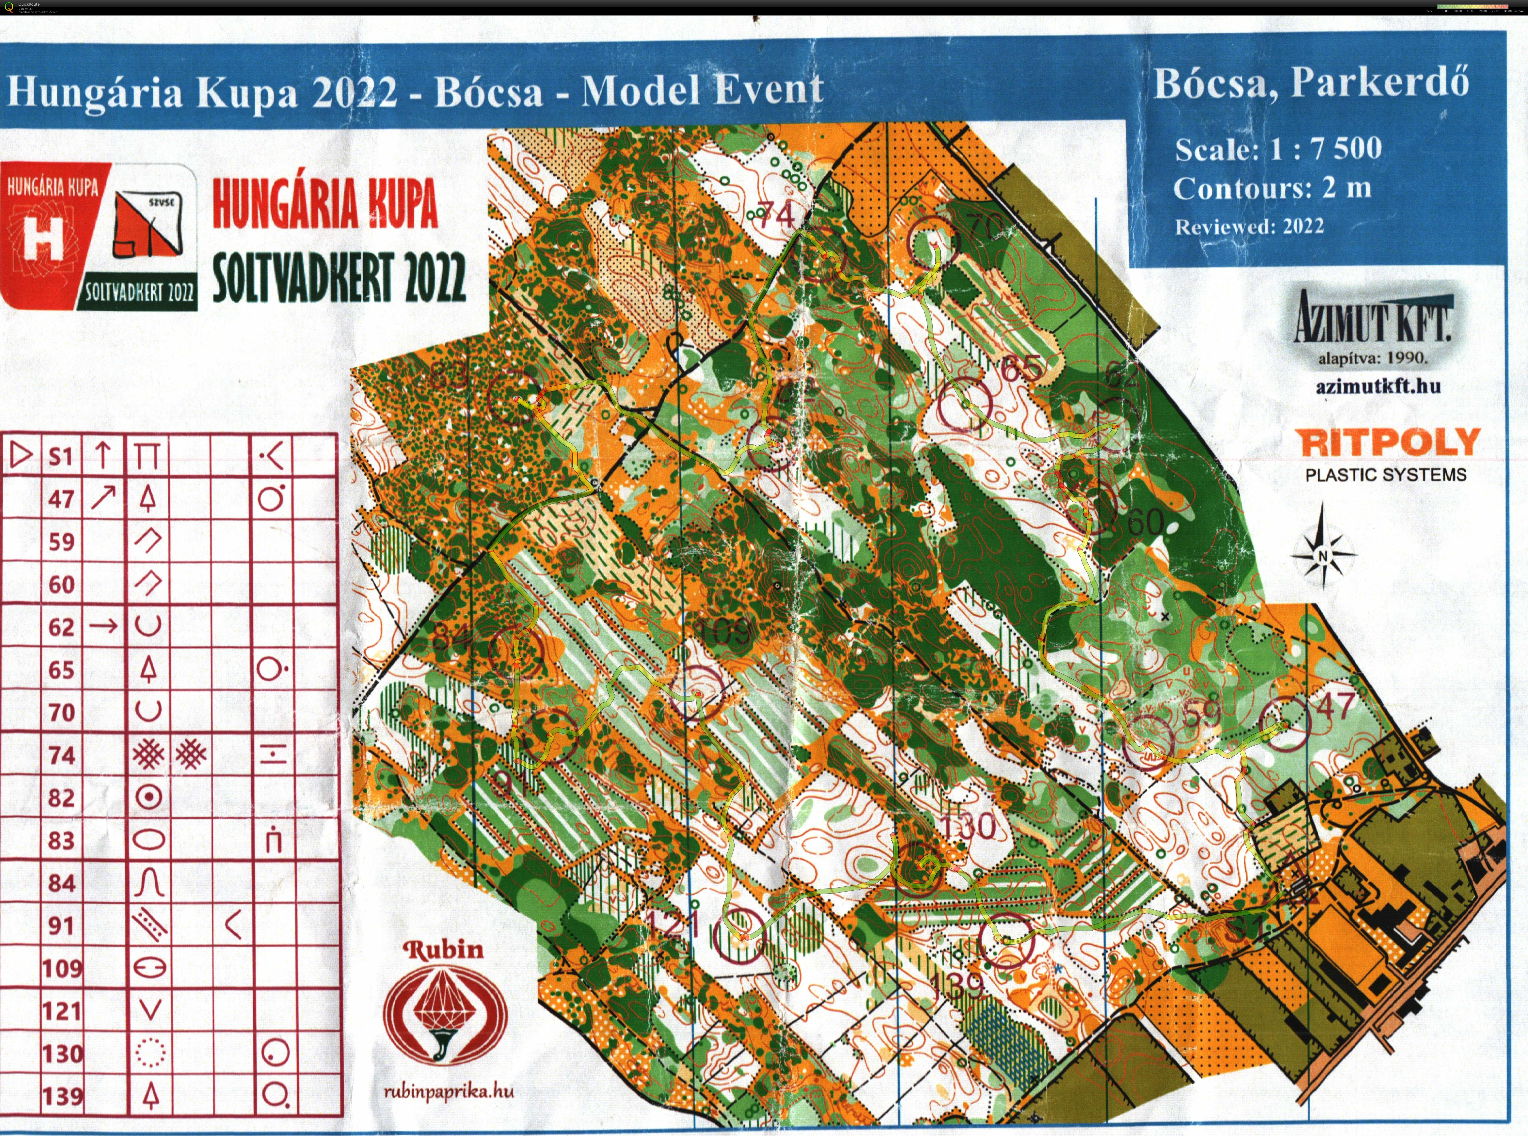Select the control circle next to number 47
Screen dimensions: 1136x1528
coord(1284,724)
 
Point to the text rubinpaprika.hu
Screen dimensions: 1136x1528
coord(448,1091)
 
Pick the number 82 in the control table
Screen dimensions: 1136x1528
coord(61,798)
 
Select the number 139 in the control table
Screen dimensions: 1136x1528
coord(62,1096)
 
